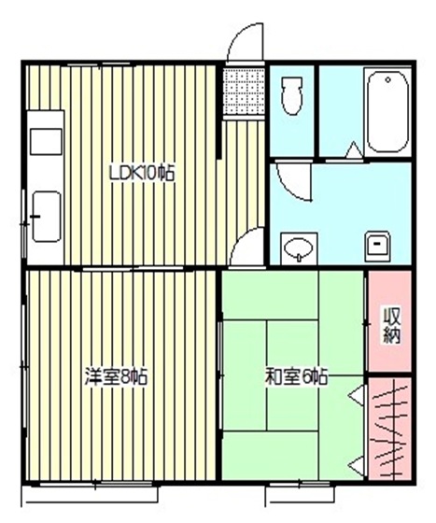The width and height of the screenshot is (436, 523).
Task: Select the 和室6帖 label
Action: [294, 377]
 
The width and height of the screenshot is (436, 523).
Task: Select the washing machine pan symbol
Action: [378, 246]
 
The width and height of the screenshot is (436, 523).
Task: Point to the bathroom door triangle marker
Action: [354, 149]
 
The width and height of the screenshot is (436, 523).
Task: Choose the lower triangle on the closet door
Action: [356, 462]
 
